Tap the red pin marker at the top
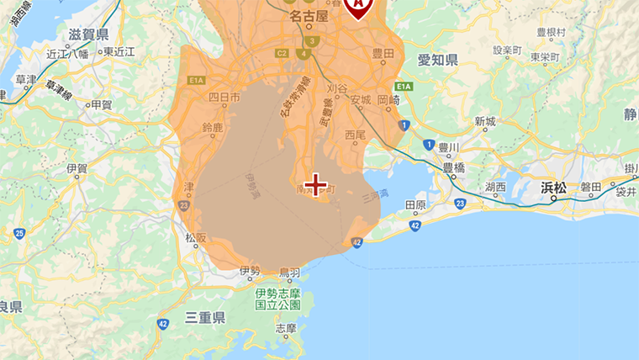pyautogui.click(x=360, y=7)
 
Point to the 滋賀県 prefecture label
pyautogui.click(x=87, y=35)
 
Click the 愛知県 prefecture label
pyautogui.click(x=437, y=60)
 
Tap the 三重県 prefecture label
pyautogui.click(x=205, y=318)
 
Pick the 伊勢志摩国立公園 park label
pyautogui.click(x=277, y=300)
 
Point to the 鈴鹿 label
pyautogui.click(x=214, y=128)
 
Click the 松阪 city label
pyautogui.click(x=195, y=238)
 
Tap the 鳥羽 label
pyautogui.click(x=289, y=273)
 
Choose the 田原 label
pyautogui.click(x=415, y=204)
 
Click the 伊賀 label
pyautogui.click(x=77, y=168)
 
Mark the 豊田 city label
pyautogui.click(x=383, y=52)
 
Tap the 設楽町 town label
pyautogui.click(x=508, y=50)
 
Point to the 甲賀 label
pyautogui.click(x=101, y=104)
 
